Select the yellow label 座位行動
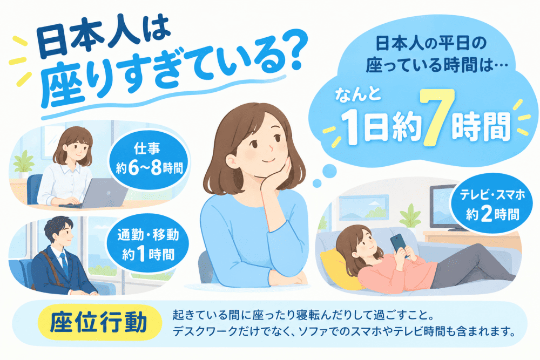[x=98, y=322]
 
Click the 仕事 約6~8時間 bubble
[x=149, y=160]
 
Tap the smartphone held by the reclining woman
[x=399, y=244]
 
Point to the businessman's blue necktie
[x=64, y=264]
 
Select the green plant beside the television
[x=410, y=216]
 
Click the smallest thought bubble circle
[x=317, y=183]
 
